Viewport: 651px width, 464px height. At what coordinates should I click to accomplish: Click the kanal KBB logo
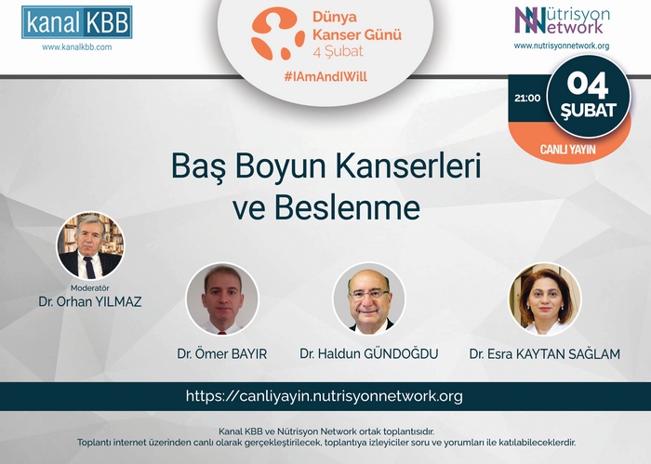coord(77,22)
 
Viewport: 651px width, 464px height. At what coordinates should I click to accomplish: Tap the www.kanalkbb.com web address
coord(77,47)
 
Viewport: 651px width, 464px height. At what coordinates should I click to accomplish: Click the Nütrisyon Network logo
coord(562,20)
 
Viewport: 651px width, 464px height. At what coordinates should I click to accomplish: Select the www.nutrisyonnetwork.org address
coord(562,46)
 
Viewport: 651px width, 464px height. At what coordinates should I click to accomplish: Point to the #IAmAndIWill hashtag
coord(325,76)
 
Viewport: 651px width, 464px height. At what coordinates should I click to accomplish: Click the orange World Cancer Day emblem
coord(277,33)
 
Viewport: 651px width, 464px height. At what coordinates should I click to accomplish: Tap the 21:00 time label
coord(527,99)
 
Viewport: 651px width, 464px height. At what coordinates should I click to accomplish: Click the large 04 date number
coord(588,85)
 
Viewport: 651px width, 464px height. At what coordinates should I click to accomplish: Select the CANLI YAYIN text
coord(567,150)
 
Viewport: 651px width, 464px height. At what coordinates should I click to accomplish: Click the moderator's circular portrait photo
coord(90,245)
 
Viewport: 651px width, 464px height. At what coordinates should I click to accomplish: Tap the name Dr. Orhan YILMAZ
coord(90,301)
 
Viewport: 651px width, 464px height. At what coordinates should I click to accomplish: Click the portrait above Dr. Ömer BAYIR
coord(222,298)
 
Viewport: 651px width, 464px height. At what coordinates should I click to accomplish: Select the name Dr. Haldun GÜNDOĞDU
coord(369,354)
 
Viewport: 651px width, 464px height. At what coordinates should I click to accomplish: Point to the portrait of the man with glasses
coord(369,298)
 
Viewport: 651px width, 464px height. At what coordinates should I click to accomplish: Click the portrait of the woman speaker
coord(545,298)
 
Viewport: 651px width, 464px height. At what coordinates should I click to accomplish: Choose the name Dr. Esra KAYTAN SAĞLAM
coord(545,354)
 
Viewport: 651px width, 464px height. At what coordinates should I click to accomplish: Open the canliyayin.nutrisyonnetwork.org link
coord(325,396)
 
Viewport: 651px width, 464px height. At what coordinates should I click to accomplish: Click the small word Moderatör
coord(89,288)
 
